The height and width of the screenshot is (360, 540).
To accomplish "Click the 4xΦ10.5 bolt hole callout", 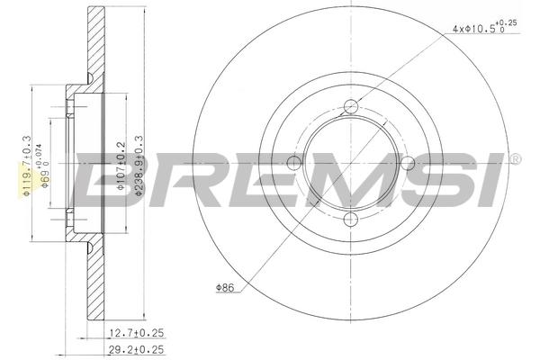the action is [x=484, y=27].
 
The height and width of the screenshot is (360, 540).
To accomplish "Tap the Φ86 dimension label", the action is [x=225, y=287].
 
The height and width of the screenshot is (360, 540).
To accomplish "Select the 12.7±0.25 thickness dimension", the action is [x=136, y=333].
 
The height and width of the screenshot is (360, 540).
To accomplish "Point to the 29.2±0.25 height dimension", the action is [x=136, y=350].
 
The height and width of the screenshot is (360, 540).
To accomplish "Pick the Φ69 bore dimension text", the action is [x=45, y=170].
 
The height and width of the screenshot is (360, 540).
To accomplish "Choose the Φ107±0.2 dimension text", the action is [x=121, y=166].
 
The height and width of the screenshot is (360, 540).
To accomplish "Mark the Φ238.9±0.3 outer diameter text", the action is [x=139, y=166].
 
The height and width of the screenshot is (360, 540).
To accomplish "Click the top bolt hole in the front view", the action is [x=351, y=106].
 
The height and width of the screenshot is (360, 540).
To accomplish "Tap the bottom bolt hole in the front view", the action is [x=351, y=219].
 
